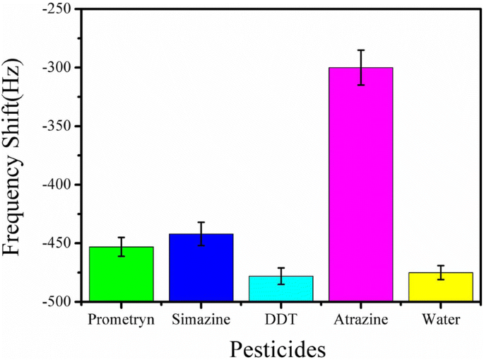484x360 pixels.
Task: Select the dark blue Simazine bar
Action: click(201, 268)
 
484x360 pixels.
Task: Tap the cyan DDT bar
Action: click(281, 289)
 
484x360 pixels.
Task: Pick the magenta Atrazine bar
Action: click(361, 185)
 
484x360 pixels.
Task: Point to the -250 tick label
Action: click(56, 9)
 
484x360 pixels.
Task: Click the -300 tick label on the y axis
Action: click(56, 68)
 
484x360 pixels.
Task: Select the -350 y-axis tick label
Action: click(56, 127)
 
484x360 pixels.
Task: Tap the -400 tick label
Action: click(56, 185)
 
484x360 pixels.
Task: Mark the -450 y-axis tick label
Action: click(56, 243)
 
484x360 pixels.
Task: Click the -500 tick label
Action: click(56, 302)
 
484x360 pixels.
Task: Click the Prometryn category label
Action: click(121, 320)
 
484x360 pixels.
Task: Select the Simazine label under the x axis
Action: click(201, 320)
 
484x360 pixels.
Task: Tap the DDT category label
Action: click(281, 320)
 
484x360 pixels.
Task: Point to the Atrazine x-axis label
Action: click(361, 320)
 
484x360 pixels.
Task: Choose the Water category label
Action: click(441, 320)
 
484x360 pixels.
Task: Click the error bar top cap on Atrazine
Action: click(361, 50)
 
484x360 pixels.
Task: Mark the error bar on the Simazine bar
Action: click(201, 233)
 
